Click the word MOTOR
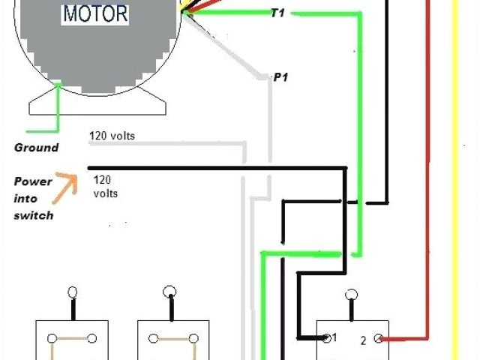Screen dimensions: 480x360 [95, 13]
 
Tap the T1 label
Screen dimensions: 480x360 [277, 13]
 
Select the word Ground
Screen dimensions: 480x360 [36, 147]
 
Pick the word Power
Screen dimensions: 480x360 [33, 181]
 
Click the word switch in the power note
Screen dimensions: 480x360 [33, 215]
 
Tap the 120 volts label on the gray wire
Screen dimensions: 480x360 [112, 136]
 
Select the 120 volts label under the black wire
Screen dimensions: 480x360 [106, 187]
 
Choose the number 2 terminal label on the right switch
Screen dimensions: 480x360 [364, 340]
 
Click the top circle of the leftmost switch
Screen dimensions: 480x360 [73, 292]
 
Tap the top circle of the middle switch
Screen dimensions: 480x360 [170, 291]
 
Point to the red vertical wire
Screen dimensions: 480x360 [427, 187]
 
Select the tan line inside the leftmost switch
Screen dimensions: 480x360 [72, 339]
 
